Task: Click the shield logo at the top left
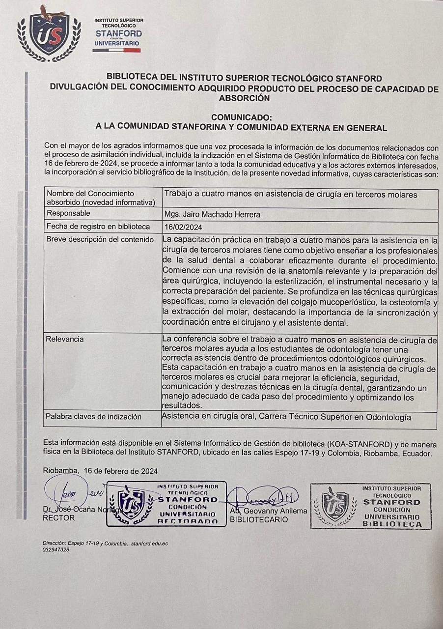point(49,34)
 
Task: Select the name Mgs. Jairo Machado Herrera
point(212,214)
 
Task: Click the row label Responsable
point(68,213)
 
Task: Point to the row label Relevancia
point(65,339)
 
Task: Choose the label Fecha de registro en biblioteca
point(98,227)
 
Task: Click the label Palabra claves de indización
point(93,417)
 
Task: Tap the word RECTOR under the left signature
point(59,518)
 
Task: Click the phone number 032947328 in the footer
point(56,550)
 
